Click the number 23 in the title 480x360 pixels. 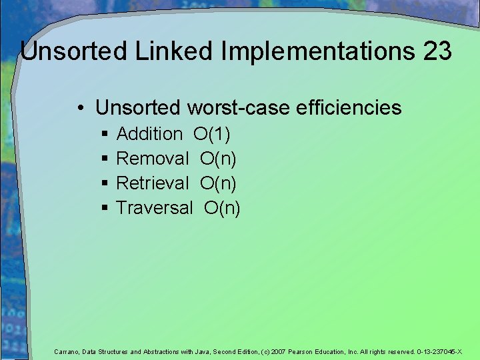pyautogui.click(x=436, y=51)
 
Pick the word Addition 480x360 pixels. pyautogui.click(x=149, y=134)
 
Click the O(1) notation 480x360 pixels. pyautogui.click(x=212, y=134)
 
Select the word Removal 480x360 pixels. pyautogui.click(x=153, y=159)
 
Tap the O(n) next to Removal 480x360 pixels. pyautogui.click(x=218, y=159)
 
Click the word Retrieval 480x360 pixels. pyautogui.click(x=153, y=183)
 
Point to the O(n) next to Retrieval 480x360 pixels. pyautogui.click(x=218, y=183)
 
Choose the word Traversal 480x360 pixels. pyautogui.click(x=155, y=207)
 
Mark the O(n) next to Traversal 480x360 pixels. pyautogui.click(x=222, y=207)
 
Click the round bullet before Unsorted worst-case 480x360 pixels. pyautogui.click(x=79, y=108)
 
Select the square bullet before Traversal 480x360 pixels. pyautogui.click(x=105, y=209)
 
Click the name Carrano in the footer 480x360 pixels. pyautogui.click(x=66, y=351)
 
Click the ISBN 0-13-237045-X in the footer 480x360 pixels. pyautogui.click(x=439, y=351)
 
